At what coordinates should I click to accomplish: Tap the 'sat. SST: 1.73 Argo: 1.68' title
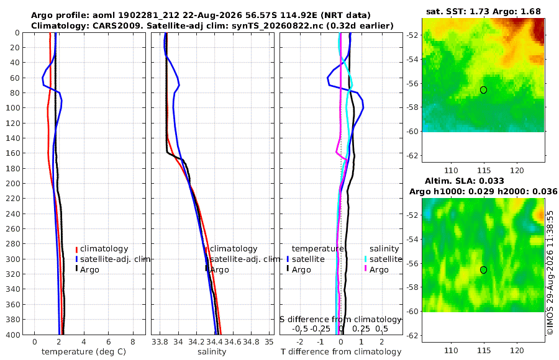tap(483, 11)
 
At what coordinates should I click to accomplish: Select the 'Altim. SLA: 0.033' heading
tap(464, 181)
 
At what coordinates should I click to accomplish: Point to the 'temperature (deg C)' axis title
tap(84, 352)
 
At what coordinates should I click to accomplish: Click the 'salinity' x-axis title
tap(212, 352)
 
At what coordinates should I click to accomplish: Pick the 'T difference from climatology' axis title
tap(341, 352)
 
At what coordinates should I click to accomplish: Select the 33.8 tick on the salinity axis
tap(160, 342)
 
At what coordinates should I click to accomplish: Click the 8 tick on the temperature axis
tap(133, 342)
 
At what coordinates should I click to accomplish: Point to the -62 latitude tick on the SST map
tap(413, 155)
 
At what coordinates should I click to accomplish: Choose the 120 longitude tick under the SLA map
tap(517, 350)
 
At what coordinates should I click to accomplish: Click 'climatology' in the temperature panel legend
tap(104, 249)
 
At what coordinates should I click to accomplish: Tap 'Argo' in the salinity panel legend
tap(220, 270)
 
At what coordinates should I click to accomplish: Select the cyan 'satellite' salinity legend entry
tap(385, 259)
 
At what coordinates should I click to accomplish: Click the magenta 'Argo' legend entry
tap(379, 270)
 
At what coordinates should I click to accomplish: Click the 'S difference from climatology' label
tap(340, 319)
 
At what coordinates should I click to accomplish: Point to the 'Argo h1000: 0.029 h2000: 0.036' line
tap(483, 191)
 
